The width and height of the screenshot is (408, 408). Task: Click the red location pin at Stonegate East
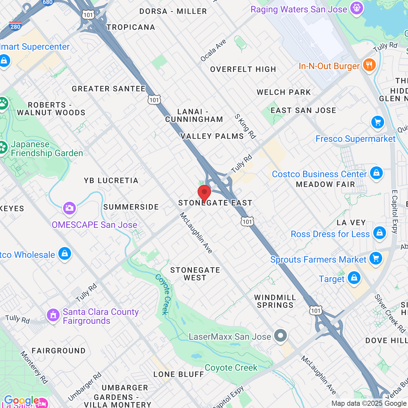click(204, 193)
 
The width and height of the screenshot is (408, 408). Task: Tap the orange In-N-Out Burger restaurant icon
click(369, 65)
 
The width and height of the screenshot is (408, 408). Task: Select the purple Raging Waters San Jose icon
click(356, 8)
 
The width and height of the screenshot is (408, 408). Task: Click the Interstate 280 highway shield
click(15, 26)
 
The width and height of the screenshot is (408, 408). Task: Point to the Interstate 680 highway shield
click(47, 2)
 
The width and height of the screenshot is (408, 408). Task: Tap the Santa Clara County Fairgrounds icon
click(53, 315)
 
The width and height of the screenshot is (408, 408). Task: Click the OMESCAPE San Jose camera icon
click(69, 208)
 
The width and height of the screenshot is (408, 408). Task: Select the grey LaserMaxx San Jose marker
click(280, 336)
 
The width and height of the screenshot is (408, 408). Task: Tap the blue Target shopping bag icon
click(354, 278)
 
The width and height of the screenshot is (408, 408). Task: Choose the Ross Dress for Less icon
click(379, 233)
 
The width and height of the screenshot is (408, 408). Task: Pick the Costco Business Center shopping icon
click(376, 173)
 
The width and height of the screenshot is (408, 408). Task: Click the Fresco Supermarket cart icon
click(378, 122)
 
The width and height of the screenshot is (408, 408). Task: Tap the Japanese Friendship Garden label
click(47, 149)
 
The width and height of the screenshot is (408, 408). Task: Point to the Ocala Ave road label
click(213, 50)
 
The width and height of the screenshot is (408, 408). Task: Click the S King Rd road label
click(245, 127)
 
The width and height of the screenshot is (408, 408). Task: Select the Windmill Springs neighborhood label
click(275, 301)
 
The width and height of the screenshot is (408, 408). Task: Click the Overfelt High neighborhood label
click(243, 69)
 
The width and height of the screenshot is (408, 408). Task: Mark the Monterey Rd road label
click(34, 367)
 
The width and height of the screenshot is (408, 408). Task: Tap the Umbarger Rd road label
click(84, 386)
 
